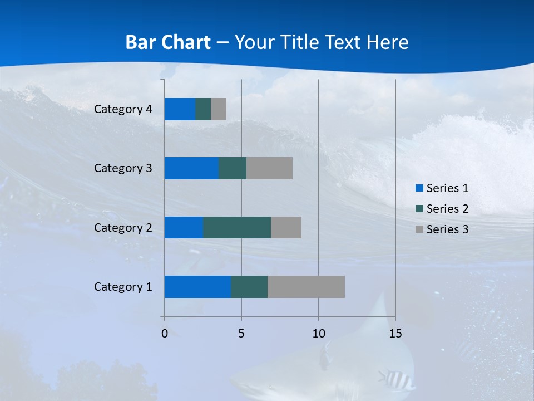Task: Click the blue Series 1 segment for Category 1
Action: click(197, 287)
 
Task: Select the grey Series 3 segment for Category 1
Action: click(306, 287)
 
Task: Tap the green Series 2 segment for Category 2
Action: click(237, 227)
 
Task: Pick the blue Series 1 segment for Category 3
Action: click(191, 168)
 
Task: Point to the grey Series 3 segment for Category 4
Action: click(219, 109)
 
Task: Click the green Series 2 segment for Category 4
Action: click(203, 109)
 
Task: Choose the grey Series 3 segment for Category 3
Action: click(269, 168)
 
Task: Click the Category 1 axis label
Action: click(123, 287)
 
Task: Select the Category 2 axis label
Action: click(123, 228)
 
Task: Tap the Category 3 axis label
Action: click(123, 168)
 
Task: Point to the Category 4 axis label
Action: click(123, 109)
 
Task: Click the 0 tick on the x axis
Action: click(165, 334)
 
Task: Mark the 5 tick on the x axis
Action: click(241, 334)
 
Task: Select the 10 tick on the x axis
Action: click(318, 334)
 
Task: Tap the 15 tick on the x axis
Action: click(395, 334)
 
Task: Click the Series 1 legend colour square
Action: click(419, 188)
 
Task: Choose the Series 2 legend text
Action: click(447, 209)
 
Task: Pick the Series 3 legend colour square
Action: click(419, 229)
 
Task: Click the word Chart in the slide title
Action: click(187, 42)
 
